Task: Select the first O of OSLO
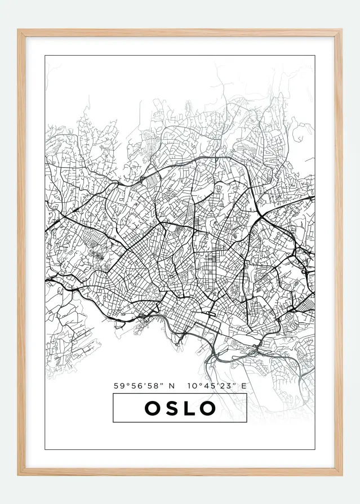tap(153, 408)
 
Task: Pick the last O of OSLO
tap(208, 408)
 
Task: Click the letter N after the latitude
tap(172, 386)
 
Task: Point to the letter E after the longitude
tap(244, 386)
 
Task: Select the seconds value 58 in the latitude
tap(150, 386)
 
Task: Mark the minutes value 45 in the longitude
tap(207, 386)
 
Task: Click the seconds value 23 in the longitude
tap(223, 386)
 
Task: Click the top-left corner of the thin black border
tap(45, 56)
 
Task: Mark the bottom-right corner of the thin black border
tap(314, 449)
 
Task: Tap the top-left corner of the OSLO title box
tap(113, 394)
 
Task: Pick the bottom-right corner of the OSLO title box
tap(247, 422)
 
